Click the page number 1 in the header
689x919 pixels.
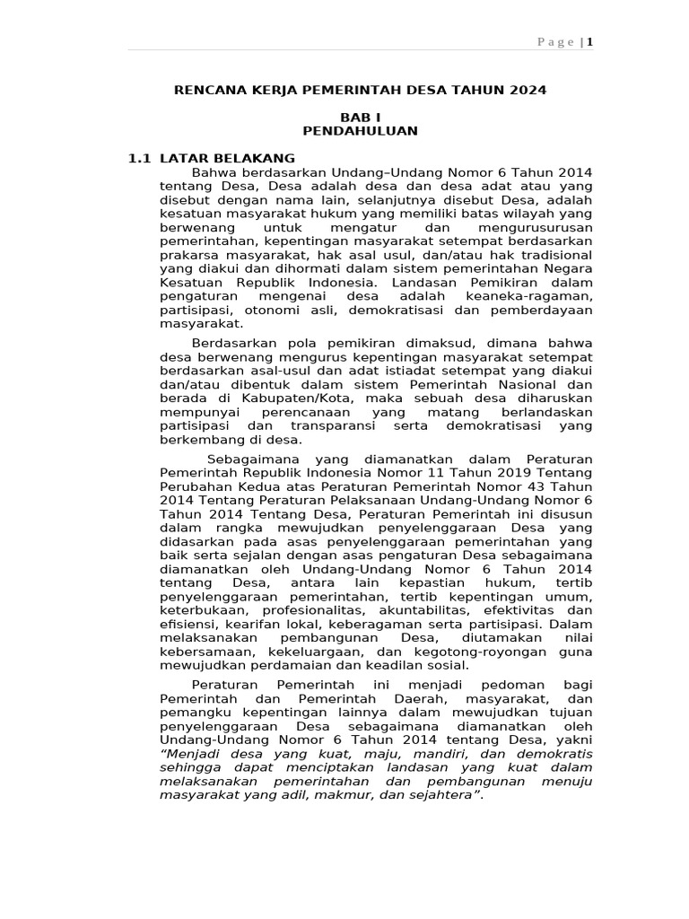(x=590, y=41)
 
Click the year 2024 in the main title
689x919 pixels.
(x=528, y=91)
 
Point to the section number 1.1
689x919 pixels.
(x=138, y=159)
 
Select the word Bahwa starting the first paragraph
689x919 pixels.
(x=213, y=172)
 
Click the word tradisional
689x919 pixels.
(x=555, y=254)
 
